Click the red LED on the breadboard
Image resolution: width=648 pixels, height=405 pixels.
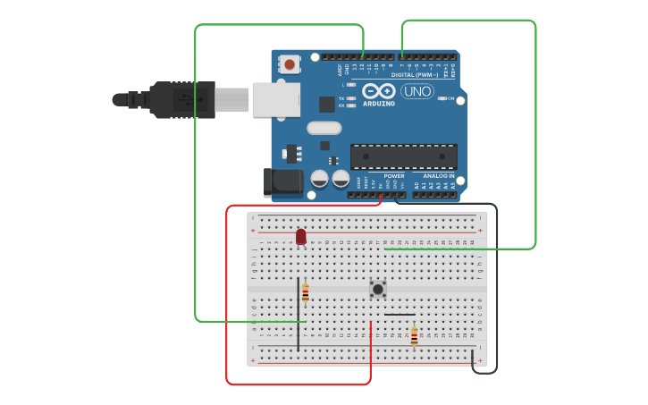(300, 236)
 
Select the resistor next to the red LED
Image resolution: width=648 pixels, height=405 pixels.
(306, 292)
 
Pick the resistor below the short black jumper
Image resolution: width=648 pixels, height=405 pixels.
(414, 336)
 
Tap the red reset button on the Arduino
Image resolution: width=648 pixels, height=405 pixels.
(290, 63)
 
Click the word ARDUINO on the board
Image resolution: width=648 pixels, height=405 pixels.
(378, 103)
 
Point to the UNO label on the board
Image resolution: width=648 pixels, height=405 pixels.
(417, 91)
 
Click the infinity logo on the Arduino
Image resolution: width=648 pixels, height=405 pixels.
(378, 91)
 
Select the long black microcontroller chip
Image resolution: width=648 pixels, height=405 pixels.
(403, 156)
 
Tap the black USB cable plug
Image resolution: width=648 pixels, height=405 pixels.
(183, 99)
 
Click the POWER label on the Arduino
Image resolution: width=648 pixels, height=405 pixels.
(393, 176)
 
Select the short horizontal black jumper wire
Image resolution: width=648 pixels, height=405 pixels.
(399, 315)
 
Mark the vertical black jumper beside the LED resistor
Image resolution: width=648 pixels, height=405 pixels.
(299, 313)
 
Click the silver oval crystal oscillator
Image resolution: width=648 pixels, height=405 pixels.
(324, 128)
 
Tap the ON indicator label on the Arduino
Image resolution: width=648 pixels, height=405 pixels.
(450, 98)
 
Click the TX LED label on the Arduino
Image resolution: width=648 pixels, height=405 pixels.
(341, 97)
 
